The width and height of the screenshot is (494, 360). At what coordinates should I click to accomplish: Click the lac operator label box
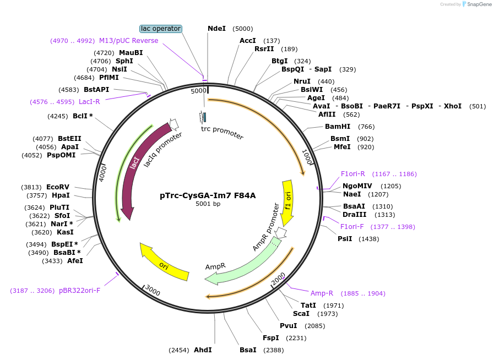[160, 29]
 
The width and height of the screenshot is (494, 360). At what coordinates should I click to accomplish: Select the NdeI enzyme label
[216, 29]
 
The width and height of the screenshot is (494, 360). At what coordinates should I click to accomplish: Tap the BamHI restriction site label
[338, 127]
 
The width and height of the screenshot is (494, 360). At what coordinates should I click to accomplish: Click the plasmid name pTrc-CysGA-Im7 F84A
[208, 195]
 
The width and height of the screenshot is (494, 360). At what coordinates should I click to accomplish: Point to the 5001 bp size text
[208, 204]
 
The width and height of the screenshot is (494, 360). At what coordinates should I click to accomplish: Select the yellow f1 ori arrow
[287, 201]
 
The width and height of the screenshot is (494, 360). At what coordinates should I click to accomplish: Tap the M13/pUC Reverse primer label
[128, 41]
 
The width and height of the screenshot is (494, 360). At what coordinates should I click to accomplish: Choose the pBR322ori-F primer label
[79, 290]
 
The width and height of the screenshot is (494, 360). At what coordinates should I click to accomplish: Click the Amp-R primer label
[322, 293]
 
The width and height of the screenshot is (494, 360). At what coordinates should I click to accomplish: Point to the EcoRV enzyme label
[58, 187]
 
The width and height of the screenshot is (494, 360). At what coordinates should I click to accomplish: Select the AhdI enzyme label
[203, 350]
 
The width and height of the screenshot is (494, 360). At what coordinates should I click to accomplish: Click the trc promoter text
[222, 132]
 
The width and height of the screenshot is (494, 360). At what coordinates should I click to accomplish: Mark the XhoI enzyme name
[453, 106]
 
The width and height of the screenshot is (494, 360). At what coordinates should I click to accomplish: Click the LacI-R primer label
[89, 102]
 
